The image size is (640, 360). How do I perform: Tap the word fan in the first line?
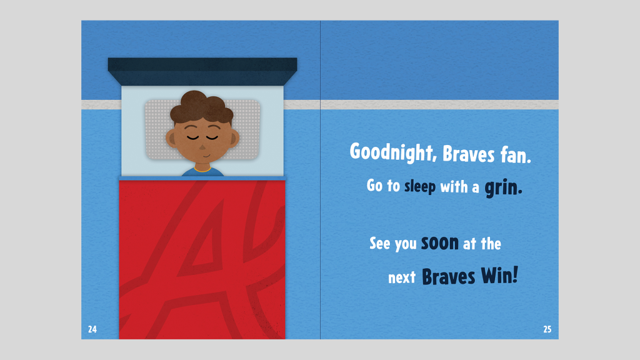point(516,155)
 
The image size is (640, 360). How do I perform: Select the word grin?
point(503,187)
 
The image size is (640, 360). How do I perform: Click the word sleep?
point(420,187)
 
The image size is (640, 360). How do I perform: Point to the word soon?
point(440,243)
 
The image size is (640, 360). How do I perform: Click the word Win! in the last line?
point(499,276)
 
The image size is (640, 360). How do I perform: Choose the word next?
point(402,278)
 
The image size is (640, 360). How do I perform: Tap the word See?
point(379,243)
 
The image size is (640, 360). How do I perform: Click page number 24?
point(92,329)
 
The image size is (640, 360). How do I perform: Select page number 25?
point(547,329)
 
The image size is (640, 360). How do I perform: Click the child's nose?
point(202,147)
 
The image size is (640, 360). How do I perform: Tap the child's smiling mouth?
point(206,156)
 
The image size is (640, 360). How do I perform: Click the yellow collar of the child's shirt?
point(202,169)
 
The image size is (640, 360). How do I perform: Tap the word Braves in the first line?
point(469,154)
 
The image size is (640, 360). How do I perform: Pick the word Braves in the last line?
point(448,276)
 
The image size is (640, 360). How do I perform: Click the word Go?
point(374,185)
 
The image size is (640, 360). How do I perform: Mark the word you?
point(405,244)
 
